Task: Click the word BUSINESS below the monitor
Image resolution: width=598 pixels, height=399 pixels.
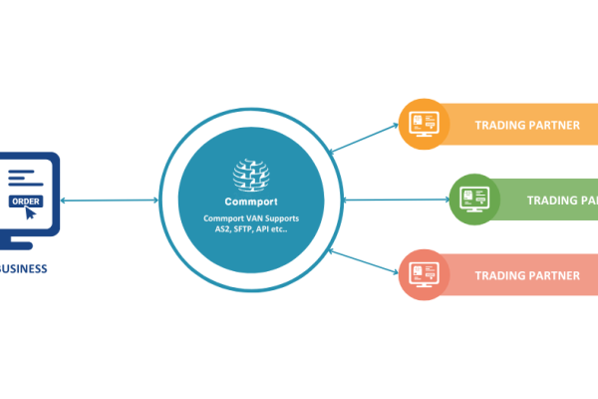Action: click(23, 268)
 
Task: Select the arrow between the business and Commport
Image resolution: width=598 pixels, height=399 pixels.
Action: click(110, 201)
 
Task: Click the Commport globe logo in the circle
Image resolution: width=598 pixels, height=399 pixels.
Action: click(251, 176)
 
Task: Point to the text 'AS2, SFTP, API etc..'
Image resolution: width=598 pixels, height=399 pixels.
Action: click(251, 229)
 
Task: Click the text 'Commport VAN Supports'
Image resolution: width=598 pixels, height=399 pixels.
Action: click(251, 217)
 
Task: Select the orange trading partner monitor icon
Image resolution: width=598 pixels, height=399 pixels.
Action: click(423, 125)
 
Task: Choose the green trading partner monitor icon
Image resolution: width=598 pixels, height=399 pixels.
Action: click(473, 199)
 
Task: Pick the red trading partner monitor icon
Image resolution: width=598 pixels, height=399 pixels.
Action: click(423, 274)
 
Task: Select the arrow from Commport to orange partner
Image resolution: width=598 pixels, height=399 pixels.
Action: click(364, 138)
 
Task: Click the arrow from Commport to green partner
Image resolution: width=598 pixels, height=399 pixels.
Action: click(394, 199)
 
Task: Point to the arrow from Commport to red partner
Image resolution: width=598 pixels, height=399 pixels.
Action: click(364, 262)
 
